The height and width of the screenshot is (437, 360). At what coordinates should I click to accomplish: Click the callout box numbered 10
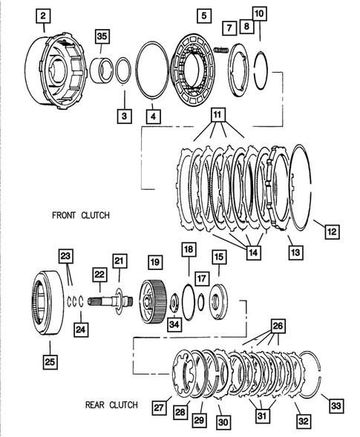(259, 14)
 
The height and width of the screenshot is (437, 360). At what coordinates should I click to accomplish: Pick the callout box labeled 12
(330, 231)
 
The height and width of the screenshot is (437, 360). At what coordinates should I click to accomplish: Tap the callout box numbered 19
(154, 262)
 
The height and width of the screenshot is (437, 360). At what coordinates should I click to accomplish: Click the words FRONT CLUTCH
(81, 215)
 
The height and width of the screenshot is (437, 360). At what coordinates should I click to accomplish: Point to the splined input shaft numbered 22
(109, 303)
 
